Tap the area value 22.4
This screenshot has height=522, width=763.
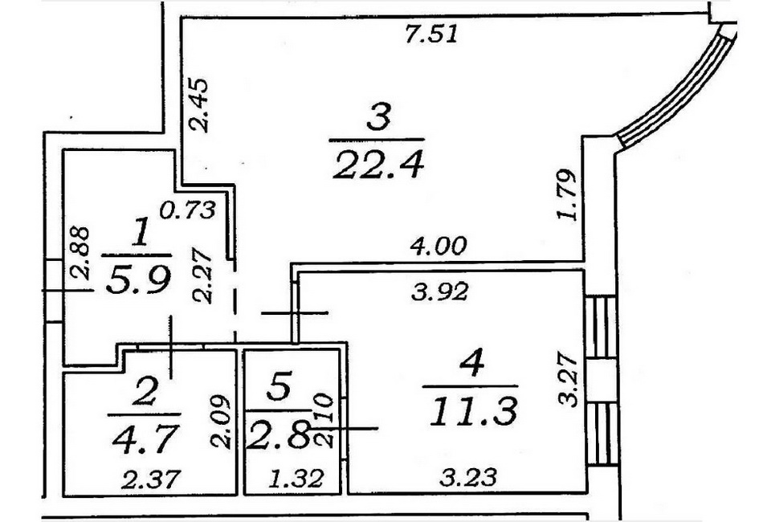pos(378,165)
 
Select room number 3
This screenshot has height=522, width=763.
pos(378,118)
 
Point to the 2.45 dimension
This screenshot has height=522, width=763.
pos(198,104)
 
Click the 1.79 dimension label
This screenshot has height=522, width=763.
pos(567,194)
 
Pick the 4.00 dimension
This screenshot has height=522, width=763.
pos(439,246)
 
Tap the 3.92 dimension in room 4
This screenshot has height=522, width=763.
pos(440,292)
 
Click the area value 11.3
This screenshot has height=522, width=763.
pos(474,411)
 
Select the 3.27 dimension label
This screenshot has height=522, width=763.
pos(567,380)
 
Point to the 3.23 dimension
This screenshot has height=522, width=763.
pos(468,477)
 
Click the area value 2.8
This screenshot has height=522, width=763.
pos(278,434)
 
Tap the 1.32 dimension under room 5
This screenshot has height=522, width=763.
pos(296,479)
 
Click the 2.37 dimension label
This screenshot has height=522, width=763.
pos(151,479)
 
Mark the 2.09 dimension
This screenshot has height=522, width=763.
pos(219,422)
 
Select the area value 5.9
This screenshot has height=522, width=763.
pos(138,280)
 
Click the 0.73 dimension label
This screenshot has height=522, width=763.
pos(188,210)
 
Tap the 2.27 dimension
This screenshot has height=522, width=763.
pos(202,276)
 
